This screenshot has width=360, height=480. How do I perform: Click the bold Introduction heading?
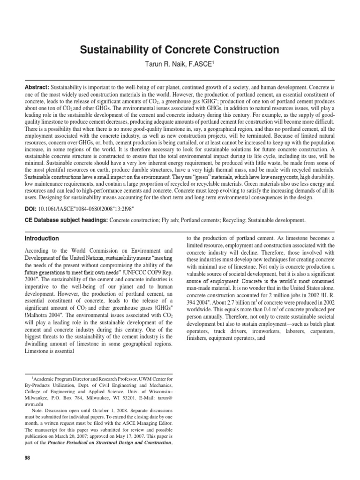[42, 238]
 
